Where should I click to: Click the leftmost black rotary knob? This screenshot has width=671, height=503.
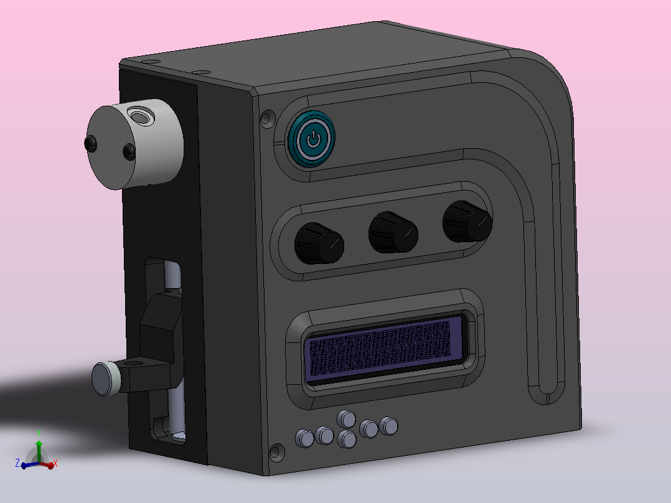tap(318, 243)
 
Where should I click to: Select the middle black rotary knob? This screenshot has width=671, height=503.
tap(393, 232)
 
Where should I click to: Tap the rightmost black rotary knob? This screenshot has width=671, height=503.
tap(467, 221)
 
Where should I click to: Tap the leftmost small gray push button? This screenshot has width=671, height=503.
tap(305, 438)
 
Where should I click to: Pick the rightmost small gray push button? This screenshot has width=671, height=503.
tap(389, 425)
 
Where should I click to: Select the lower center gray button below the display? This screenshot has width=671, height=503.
tap(347, 440)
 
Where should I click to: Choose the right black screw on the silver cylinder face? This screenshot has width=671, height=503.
tap(129, 150)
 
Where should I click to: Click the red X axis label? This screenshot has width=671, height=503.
tap(55, 463)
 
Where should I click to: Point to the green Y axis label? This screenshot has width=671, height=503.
tap(39, 433)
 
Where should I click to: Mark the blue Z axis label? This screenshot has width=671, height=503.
tap(17, 463)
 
